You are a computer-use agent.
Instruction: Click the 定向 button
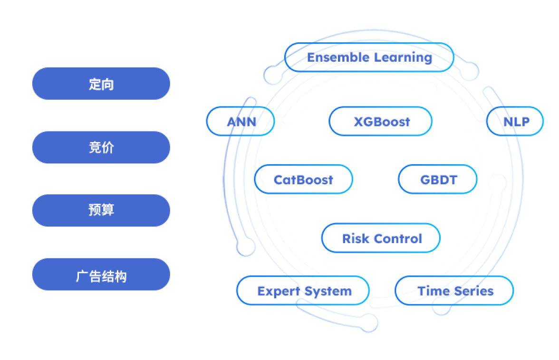coord(101,84)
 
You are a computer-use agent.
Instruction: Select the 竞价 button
coord(101,147)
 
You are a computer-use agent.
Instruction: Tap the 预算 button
coord(101,210)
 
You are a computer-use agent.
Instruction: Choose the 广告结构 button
coord(101,275)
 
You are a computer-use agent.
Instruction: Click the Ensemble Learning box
coord(369,57)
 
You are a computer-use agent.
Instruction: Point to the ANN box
coord(241,122)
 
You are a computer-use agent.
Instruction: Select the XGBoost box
coord(381,122)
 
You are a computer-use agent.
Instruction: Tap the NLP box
coord(515,122)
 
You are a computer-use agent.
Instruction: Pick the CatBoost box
coord(304,180)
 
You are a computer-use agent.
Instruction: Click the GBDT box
coord(438,180)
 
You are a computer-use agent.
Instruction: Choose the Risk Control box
coord(381,238)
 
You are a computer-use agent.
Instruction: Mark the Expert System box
coord(303,291)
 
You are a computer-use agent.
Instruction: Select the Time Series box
coord(454,291)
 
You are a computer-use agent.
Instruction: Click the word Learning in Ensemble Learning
coord(403,57)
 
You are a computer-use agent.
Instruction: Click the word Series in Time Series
coord(473,291)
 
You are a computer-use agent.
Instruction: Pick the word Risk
coord(353,238)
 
